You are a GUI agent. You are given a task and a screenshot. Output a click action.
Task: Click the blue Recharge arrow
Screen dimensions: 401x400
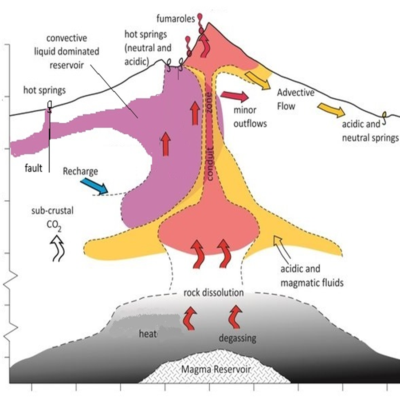[94, 186]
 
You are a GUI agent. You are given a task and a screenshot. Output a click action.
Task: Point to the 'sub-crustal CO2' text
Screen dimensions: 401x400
[52, 217]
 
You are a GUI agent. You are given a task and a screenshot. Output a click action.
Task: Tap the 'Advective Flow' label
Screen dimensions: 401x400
[295, 99]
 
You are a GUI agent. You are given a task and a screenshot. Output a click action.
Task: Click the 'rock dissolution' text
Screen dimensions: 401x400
[213, 292]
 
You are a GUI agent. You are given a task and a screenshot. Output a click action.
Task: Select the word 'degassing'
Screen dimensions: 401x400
[237, 338]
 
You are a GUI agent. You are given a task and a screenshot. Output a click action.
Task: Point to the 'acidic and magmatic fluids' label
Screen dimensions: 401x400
[312, 276]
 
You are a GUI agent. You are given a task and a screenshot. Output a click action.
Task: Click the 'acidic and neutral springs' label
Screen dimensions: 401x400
[370, 131]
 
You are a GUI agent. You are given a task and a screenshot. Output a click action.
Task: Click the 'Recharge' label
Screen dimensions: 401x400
[80, 171]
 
